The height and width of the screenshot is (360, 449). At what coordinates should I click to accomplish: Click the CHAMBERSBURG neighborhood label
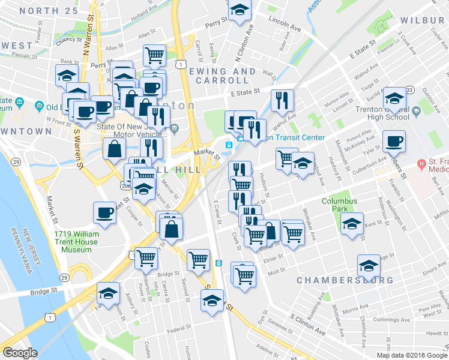[x=345, y=280]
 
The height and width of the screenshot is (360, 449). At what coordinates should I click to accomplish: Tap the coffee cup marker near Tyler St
[x=394, y=142]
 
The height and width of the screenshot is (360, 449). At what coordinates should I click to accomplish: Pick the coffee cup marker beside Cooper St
[x=104, y=213]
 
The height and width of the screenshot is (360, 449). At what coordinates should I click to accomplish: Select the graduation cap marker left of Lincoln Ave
[x=240, y=10]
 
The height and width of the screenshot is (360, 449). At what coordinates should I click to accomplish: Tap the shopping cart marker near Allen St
[x=155, y=56]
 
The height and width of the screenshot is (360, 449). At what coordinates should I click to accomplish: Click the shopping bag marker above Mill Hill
[x=114, y=149]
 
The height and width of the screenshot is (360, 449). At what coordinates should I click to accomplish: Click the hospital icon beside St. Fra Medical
[x=423, y=163]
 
